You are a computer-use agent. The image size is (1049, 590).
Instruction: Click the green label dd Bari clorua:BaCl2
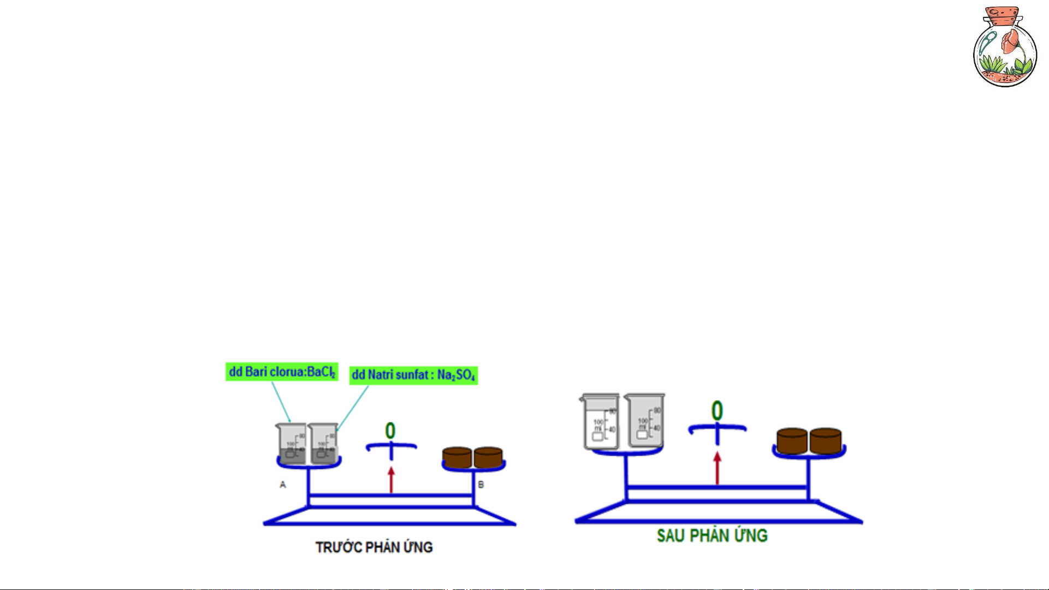click(282, 372)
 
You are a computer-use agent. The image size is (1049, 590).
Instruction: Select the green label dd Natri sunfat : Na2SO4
click(413, 375)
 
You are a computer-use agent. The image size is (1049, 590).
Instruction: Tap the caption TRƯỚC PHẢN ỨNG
click(374, 547)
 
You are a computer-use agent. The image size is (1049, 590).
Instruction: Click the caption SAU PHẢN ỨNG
click(712, 535)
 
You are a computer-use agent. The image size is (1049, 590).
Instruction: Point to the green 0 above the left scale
click(390, 431)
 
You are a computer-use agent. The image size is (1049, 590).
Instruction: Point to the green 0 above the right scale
click(717, 411)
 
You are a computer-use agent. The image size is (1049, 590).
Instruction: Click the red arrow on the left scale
click(391, 479)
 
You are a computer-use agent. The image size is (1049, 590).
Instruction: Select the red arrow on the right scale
click(718, 468)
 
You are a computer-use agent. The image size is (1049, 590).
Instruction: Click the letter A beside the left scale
click(283, 484)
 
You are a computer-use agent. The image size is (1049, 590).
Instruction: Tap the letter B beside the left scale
click(481, 484)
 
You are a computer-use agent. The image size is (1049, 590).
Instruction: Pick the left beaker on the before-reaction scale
click(291, 444)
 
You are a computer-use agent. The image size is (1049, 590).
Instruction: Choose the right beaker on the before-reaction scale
click(323, 444)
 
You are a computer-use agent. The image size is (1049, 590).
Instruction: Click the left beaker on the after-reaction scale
click(600, 421)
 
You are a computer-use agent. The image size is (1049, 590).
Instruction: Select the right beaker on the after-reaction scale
click(644, 420)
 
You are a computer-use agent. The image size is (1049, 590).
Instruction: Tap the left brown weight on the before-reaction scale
click(457, 457)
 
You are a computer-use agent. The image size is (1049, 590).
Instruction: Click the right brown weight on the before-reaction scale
click(488, 457)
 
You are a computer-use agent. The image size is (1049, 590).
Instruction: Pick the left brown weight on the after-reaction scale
click(792, 440)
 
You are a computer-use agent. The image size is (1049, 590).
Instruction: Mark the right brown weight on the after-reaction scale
click(825, 440)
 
